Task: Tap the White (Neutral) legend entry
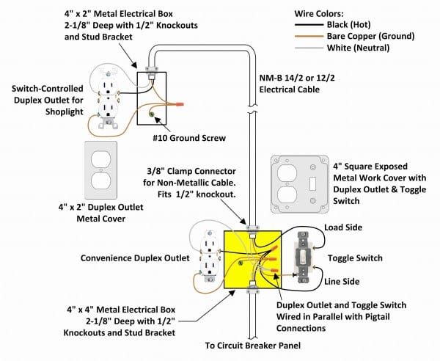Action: pyautogui.click(x=374, y=47)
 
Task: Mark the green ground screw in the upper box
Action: pyautogui.click(x=152, y=113)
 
